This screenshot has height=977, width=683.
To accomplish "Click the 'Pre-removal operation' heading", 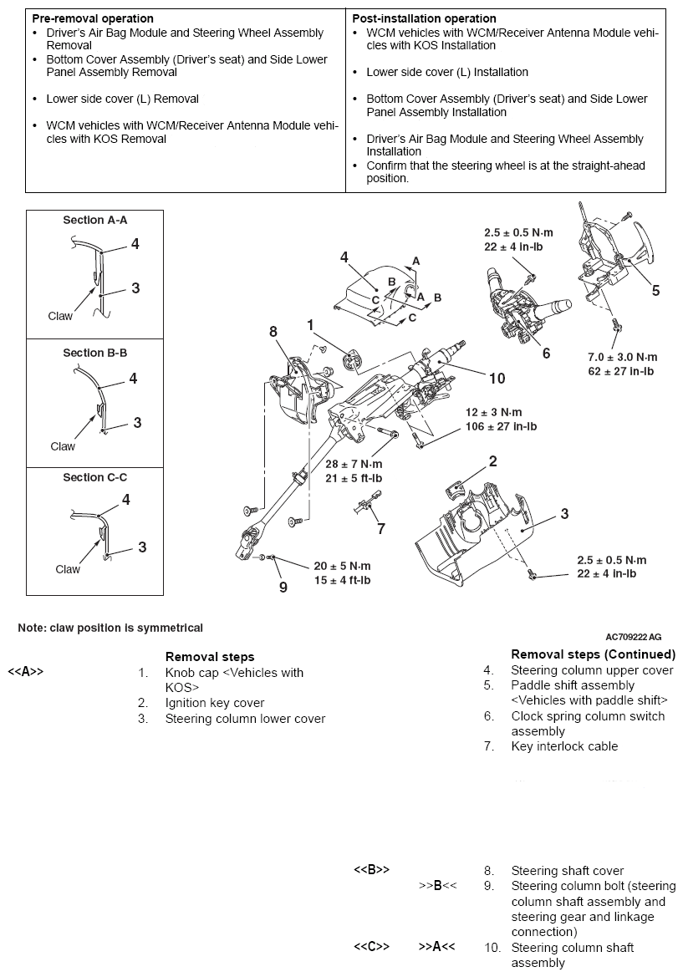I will [92, 18].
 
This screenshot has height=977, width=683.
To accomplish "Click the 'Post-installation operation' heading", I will [424, 18].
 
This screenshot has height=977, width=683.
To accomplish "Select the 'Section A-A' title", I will [94, 221].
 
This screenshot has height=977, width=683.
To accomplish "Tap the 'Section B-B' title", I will [94, 353].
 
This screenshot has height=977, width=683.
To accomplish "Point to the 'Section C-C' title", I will [94, 477].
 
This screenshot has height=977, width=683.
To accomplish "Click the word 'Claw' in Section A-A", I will [60, 316].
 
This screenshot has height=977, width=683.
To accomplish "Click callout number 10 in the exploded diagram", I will [497, 379].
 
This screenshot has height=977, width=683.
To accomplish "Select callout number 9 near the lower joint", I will [283, 587].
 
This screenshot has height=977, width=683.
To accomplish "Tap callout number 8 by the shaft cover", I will [273, 332].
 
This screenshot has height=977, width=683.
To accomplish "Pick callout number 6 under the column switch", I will [546, 354].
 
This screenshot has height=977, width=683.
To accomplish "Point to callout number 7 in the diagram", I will [381, 528].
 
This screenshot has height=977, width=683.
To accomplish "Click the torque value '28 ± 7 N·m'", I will [354, 464].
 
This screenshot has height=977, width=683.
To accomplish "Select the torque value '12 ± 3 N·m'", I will [493, 413].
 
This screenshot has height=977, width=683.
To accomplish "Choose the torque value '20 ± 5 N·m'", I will [342, 566].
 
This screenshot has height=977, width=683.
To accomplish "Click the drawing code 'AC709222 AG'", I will [633, 638].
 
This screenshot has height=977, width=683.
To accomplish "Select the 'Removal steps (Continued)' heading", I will [593, 654].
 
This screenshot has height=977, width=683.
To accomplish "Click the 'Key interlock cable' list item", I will [564, 746].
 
